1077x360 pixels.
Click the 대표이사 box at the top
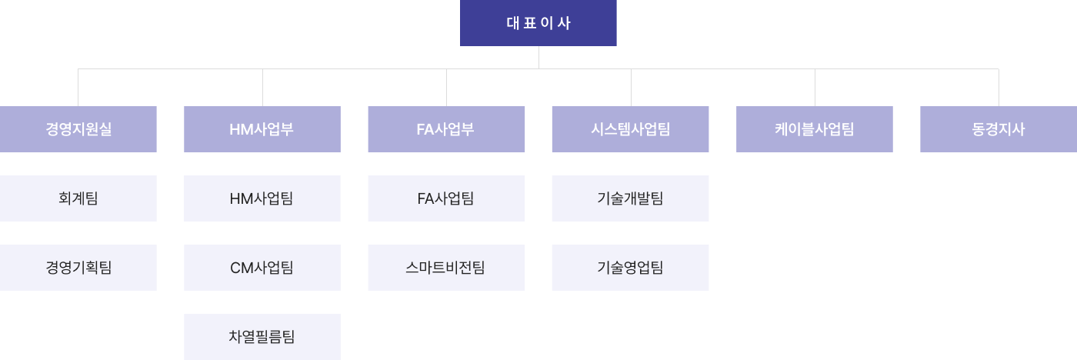tap(538, 23)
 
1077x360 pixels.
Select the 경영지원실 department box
tap(78, 129)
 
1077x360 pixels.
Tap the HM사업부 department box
tap(262, 129)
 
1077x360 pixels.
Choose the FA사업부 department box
tap(446, 129)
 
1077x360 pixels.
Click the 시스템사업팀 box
tap(630, 129)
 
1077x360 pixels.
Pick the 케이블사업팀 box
tap(815, 129)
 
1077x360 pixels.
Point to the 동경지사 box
tap(999, 129)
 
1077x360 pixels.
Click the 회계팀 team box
tap(78, 198)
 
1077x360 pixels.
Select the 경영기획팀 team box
tap(78, 268)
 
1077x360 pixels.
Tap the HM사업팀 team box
tap(262, 198)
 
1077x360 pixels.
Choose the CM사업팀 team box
tap(262, 268)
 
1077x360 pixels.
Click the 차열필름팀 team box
tap(262, 337)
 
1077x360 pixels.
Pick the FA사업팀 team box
tap(446, 198)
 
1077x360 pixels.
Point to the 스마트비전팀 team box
tap(446, 268)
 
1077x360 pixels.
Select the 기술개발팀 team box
tap(630, 198)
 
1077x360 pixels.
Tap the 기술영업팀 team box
tap(630, 268)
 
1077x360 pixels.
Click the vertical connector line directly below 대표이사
tap(538, 58)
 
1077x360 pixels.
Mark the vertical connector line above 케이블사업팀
tap(815, 88)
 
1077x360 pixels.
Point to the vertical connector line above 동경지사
tap(999, 88)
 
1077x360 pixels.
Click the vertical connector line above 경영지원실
tap(78, 88)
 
